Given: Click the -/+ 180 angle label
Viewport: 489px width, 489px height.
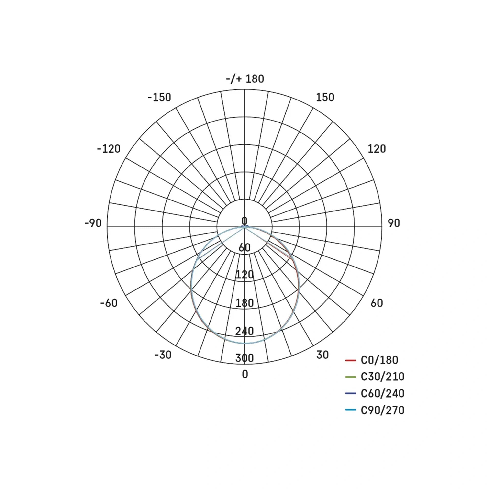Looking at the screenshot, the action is pyautogui.click(x=245, y=79).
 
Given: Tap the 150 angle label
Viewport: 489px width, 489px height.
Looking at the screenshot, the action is pyautogui.click(x=325, y=98).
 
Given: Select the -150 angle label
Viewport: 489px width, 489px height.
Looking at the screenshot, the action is pyautogui.click(x=159, y=98).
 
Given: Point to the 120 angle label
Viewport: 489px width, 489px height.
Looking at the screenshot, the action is pyautogui.click(x=377, y=149).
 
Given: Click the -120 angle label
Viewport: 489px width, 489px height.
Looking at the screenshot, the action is pyautogui.click(x=109, y=149).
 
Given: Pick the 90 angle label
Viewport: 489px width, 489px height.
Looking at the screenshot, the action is pyautogui.click(x=394, y=223).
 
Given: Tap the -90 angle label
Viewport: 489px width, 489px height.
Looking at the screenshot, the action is pyautogui.click(x=93, y=223).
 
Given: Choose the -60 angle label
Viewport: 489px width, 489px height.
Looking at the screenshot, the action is pyautogui.click(x=109, y=303).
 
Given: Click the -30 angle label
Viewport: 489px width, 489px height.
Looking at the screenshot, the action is pyautogui.click(x=163, y=355).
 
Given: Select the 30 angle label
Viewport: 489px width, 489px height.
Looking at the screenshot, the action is pyautogui.click(x=322, y=355).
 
